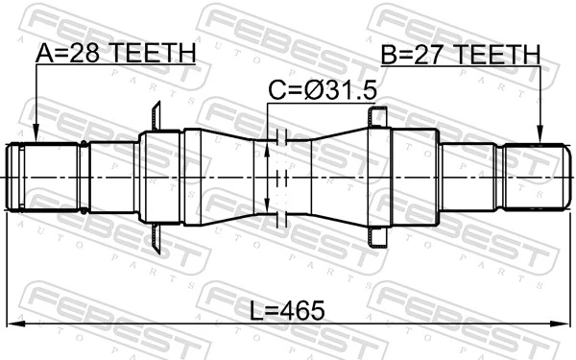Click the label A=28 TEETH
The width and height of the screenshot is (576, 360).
click(x=115, y=55)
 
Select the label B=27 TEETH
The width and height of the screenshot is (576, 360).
click(x=459, y=55)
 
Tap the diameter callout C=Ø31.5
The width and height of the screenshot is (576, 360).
click(x=322, y=92)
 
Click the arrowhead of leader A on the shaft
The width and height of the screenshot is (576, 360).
click(x=35, y=137)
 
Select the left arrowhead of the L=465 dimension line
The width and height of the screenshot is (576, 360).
click(x=12, y=321)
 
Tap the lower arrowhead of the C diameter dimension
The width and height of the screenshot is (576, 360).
click(x=268, y=208)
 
